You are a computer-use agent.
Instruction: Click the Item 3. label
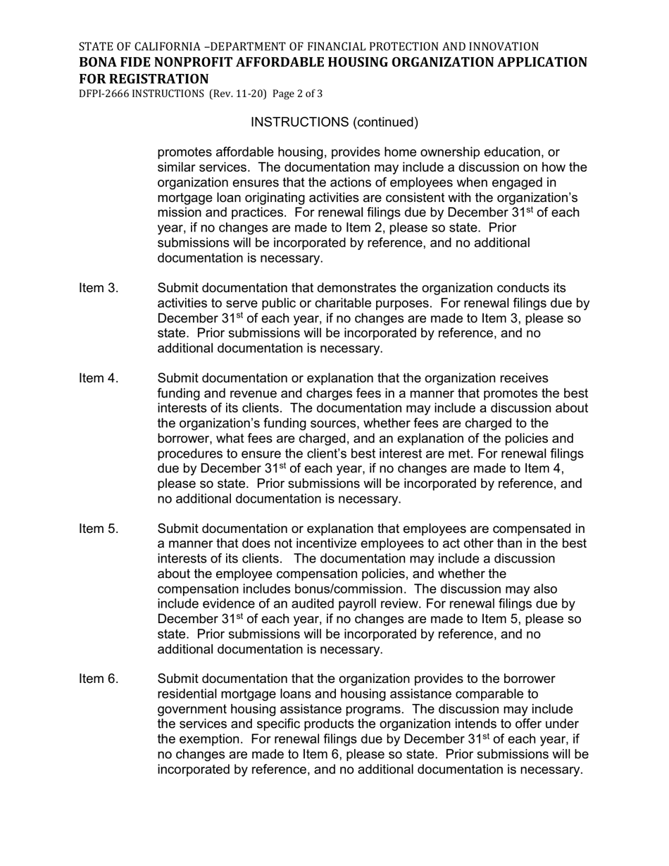pos(99,289)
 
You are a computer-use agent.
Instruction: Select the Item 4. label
pos(99,379)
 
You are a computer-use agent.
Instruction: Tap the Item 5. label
pos(99,529)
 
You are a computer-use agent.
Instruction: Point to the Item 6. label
pos(99,679)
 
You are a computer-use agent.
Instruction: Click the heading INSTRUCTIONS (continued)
pos(334,123)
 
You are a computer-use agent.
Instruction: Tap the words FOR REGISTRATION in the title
pos(144,79)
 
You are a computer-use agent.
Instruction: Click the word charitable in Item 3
pos(339,303)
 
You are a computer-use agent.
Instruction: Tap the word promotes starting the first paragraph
pos(184,153)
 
